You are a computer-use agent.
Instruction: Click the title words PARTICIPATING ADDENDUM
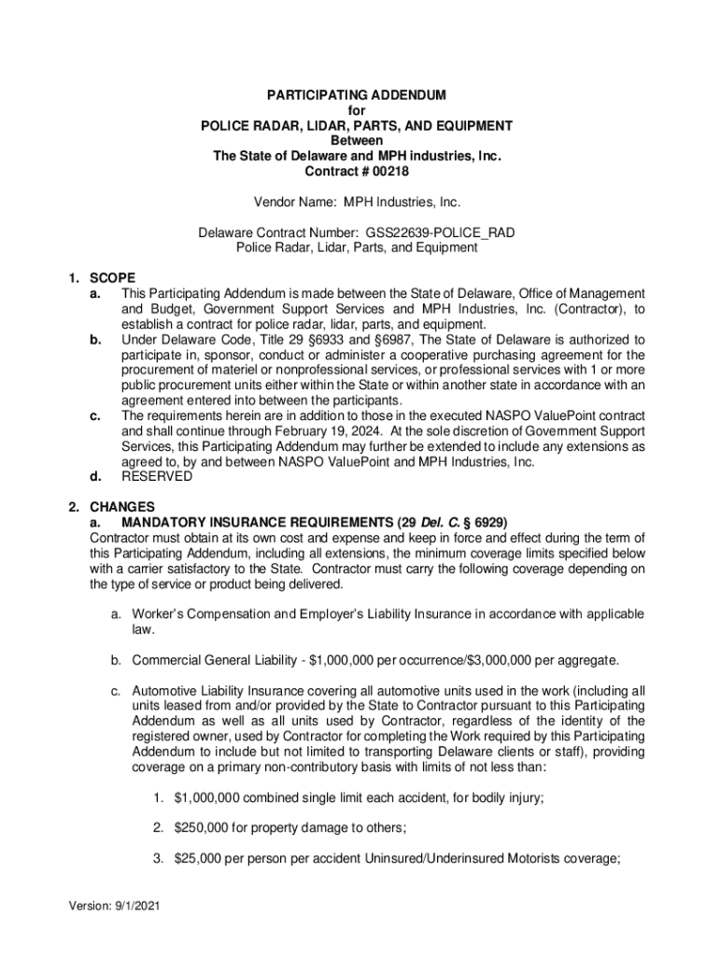pyautogui.click(x=357, y=96)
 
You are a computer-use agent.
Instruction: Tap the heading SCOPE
pyautogui.click(x=112, y=277)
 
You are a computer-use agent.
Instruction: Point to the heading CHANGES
pyautogui.click(x=117, y=507)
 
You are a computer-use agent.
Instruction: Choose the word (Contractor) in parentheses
pyautogui.click(x=584, y=308)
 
